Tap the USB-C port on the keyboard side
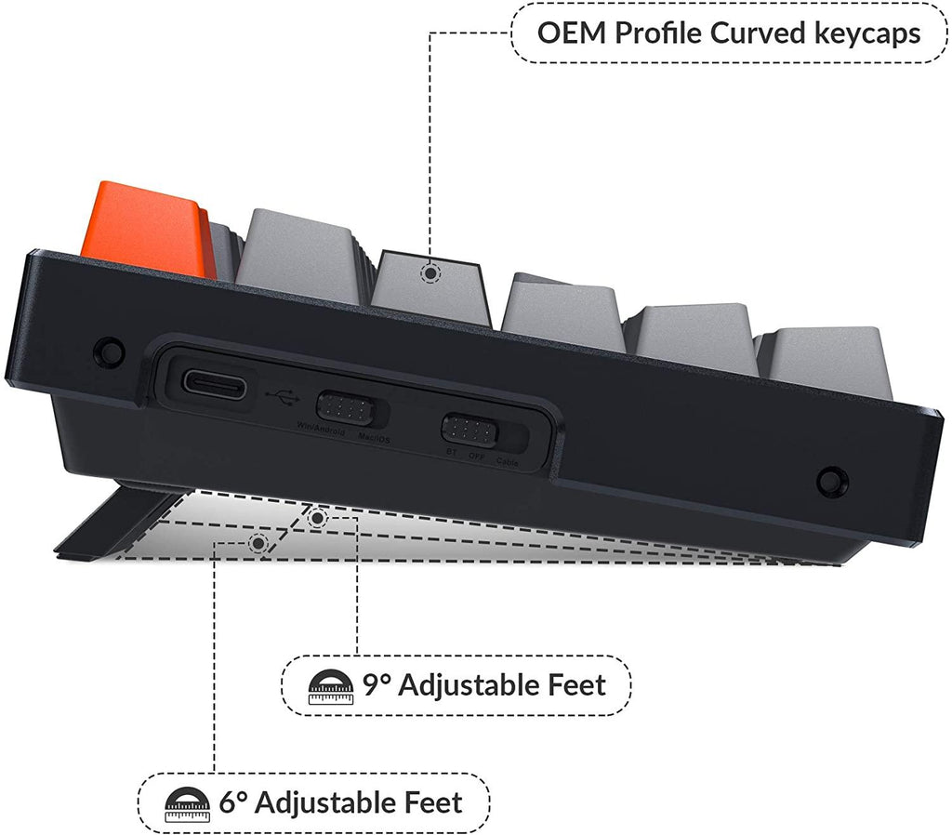tap(215, 384)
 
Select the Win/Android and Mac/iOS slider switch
tap(347, 407)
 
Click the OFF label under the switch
tap(477, 457)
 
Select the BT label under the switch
tap(451, 454)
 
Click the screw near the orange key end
tap(110, 351)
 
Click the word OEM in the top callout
tap(570, 33)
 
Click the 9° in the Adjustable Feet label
tap(376, 686)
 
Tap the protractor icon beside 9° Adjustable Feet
tap(329, 687)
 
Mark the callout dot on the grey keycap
tap(430, 273)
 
